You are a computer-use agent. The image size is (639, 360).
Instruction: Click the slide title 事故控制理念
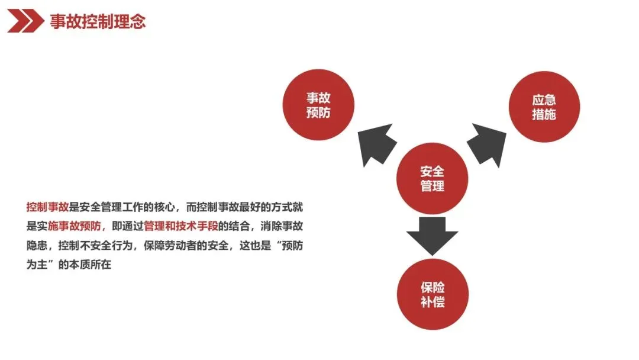[x=98, y=22]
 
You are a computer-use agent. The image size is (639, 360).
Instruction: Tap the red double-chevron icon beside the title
[x=25, y=22]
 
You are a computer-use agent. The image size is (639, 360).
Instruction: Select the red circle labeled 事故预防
[x=318, y=105]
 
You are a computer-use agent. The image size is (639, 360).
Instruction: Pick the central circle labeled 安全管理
[x=432, y=178]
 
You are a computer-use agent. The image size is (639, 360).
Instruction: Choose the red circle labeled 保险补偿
[x=433, y=294]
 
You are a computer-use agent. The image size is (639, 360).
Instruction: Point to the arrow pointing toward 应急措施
[x=488, y=143]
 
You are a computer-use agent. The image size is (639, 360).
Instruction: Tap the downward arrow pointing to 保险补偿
[x=433, y=235]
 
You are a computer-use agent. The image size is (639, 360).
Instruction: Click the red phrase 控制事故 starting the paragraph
[x=48, y=207]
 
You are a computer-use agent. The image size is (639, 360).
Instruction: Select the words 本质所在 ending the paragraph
[x=92, y=265]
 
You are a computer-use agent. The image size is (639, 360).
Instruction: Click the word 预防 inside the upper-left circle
[x=318, y=112]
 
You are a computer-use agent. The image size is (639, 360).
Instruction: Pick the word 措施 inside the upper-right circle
[x=544, y=115]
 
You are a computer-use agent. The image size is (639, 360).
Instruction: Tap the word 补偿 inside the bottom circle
[x=433, y=302]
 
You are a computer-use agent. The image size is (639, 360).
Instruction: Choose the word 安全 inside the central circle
[x=432, y=171]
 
